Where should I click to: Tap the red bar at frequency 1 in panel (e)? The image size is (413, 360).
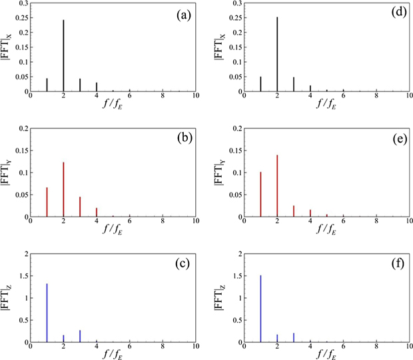coord(260,194)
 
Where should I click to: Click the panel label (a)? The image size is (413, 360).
coord(181,13)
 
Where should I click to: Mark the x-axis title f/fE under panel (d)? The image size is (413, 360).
coord(326,107)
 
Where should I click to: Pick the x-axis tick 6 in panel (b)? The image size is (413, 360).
coord(129,223)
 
